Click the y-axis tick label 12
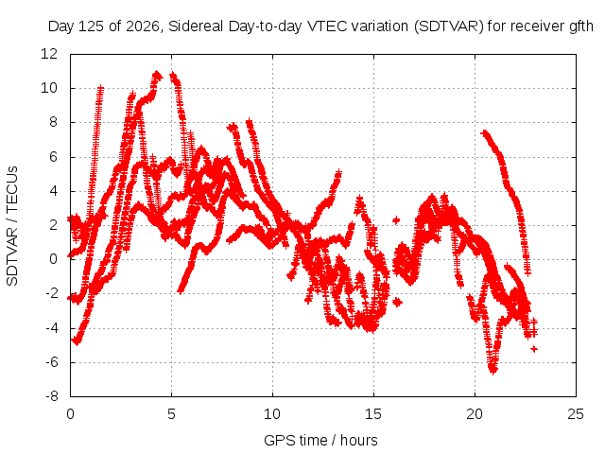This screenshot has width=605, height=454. [49, 54]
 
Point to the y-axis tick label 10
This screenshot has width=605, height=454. [49, 88]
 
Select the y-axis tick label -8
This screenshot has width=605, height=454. [52, 396]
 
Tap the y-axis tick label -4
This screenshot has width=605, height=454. [52, 328]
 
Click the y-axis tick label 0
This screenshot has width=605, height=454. [53, 259]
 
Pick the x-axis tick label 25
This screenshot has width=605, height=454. [576, 414]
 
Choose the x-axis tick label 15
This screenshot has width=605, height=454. [373, 414]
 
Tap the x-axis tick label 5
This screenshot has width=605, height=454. [171, 414]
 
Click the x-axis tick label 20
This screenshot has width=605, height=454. [475, 414]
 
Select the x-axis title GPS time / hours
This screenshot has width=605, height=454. [320, 440]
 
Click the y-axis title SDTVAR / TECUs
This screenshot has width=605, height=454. [12, 226]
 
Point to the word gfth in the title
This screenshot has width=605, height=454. [581, 26]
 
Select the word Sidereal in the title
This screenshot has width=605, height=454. [196, 26]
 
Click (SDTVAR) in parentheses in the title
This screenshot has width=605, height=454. [449, 26]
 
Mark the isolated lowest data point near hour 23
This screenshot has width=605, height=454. [534, 349]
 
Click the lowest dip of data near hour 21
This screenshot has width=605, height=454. [493, 370]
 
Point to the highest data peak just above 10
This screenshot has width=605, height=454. [157, 74]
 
